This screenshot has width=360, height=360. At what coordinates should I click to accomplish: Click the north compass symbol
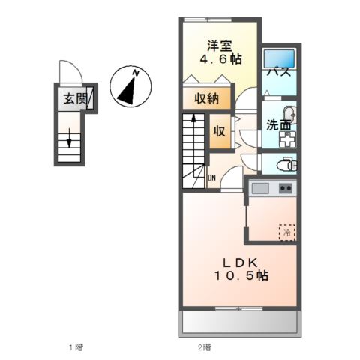point(130,85)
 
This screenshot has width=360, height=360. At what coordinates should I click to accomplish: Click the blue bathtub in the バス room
point(280,58)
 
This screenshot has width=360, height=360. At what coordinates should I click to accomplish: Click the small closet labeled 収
point(219,130)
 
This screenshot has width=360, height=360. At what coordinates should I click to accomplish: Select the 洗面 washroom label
point(279,124)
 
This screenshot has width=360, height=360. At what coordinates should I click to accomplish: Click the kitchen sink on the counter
point(260,187)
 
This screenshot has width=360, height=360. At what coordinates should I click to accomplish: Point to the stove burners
point(286,187)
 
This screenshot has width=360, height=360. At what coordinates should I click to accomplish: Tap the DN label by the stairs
point(211,178)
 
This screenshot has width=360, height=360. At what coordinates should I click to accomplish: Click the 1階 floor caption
point(76,346)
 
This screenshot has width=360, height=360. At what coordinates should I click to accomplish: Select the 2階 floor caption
point(204,346)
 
